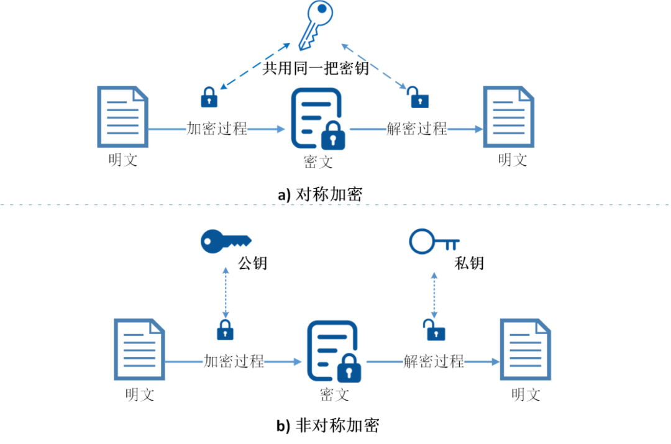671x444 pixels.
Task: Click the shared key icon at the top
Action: pos(315,25)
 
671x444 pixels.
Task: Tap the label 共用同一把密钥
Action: pos(315,68)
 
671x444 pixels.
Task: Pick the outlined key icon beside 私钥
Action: pos(434,241)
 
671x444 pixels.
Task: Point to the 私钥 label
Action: pos(468,263)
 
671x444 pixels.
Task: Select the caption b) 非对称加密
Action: pos(327,425)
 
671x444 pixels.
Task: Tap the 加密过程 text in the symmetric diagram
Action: pos(217,129)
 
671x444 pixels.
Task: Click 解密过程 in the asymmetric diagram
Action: pos(434,361)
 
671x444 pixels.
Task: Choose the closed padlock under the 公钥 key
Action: pos(225,330)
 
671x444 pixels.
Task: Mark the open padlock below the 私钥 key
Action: pos(434,330)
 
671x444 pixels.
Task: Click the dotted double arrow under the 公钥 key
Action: pos(225,291)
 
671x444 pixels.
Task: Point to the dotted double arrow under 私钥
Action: pos(434,291)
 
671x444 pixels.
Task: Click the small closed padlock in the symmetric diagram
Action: pos(209,96)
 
